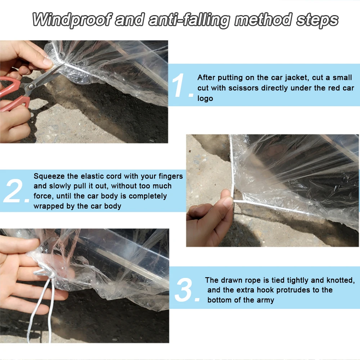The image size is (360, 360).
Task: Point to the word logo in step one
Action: click(205, 99)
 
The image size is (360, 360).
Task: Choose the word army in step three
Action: click(266, 300)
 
